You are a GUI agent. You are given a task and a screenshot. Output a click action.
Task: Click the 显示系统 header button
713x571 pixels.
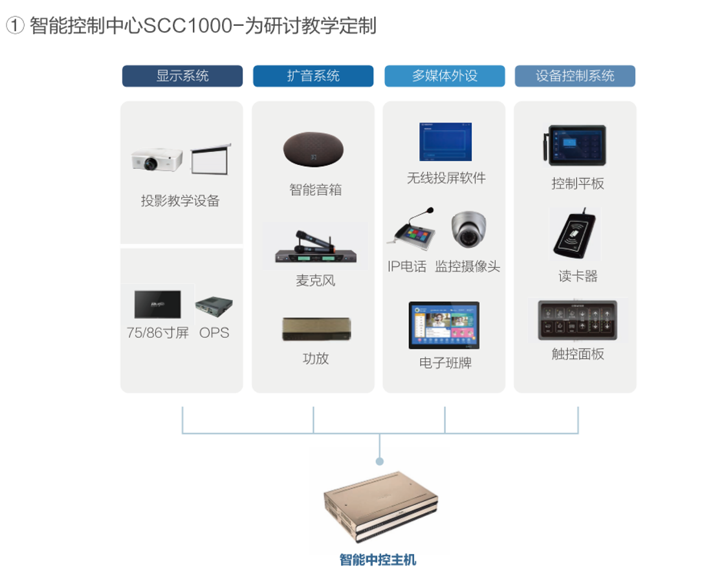point(182,76)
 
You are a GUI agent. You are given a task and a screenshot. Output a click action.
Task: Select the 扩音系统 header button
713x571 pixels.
point(313,76)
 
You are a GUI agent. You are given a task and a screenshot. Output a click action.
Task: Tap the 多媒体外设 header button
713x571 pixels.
point(444,76)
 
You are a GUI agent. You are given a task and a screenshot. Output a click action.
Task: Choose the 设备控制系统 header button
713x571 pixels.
point(575,76)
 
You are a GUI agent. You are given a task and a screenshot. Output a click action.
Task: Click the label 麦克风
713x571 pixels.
point(315,281)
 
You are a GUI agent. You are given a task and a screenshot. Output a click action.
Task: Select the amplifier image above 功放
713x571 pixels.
point(316,329)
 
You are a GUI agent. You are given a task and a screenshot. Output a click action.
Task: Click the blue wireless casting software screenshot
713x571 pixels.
point(445,142)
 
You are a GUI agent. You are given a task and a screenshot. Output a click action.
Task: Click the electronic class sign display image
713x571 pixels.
point(444,325)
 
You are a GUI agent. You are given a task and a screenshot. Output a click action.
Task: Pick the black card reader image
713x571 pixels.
point(576,234)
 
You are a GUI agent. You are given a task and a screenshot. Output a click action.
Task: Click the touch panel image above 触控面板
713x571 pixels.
point(577,320)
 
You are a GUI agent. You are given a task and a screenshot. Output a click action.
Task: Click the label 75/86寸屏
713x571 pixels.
point(158,333)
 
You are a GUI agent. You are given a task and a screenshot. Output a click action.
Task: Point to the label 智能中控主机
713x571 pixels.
point(378,559)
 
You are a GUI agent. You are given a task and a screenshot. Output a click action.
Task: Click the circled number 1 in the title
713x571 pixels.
point(15,26)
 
